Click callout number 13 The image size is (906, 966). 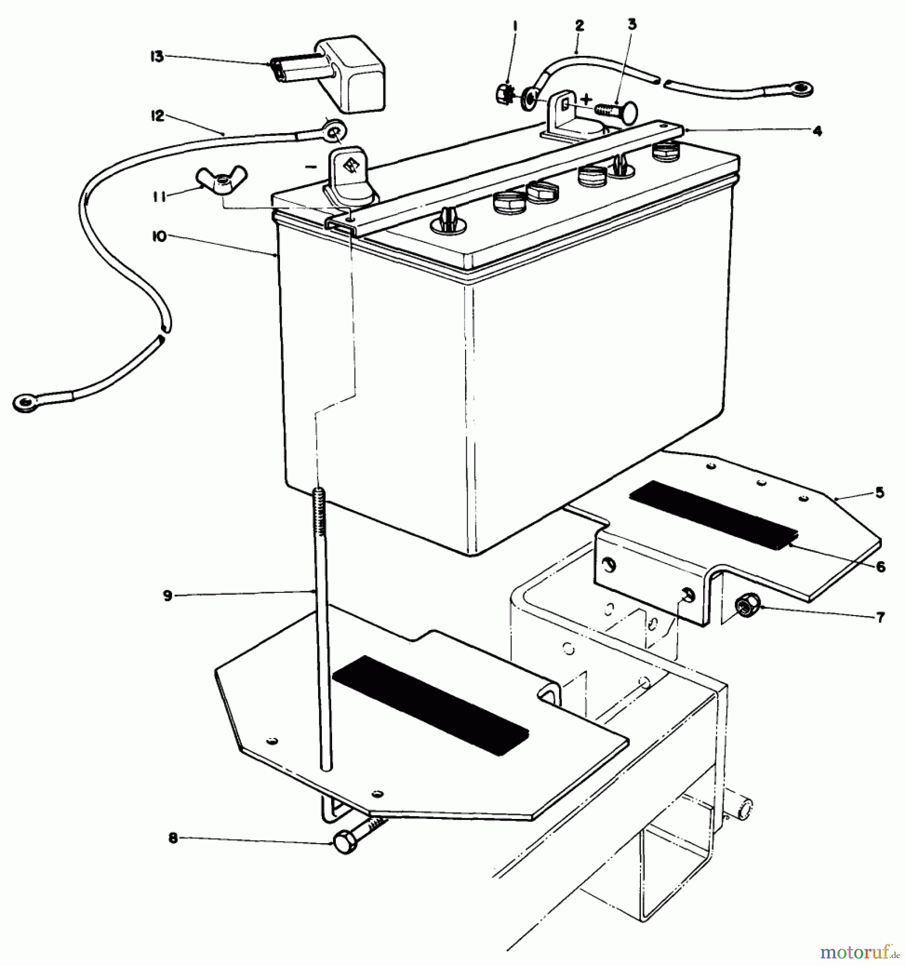156,56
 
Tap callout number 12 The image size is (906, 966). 157,116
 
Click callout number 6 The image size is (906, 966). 880,567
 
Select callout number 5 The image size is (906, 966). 880,492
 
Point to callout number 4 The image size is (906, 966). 817,131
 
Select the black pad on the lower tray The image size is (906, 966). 431,698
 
